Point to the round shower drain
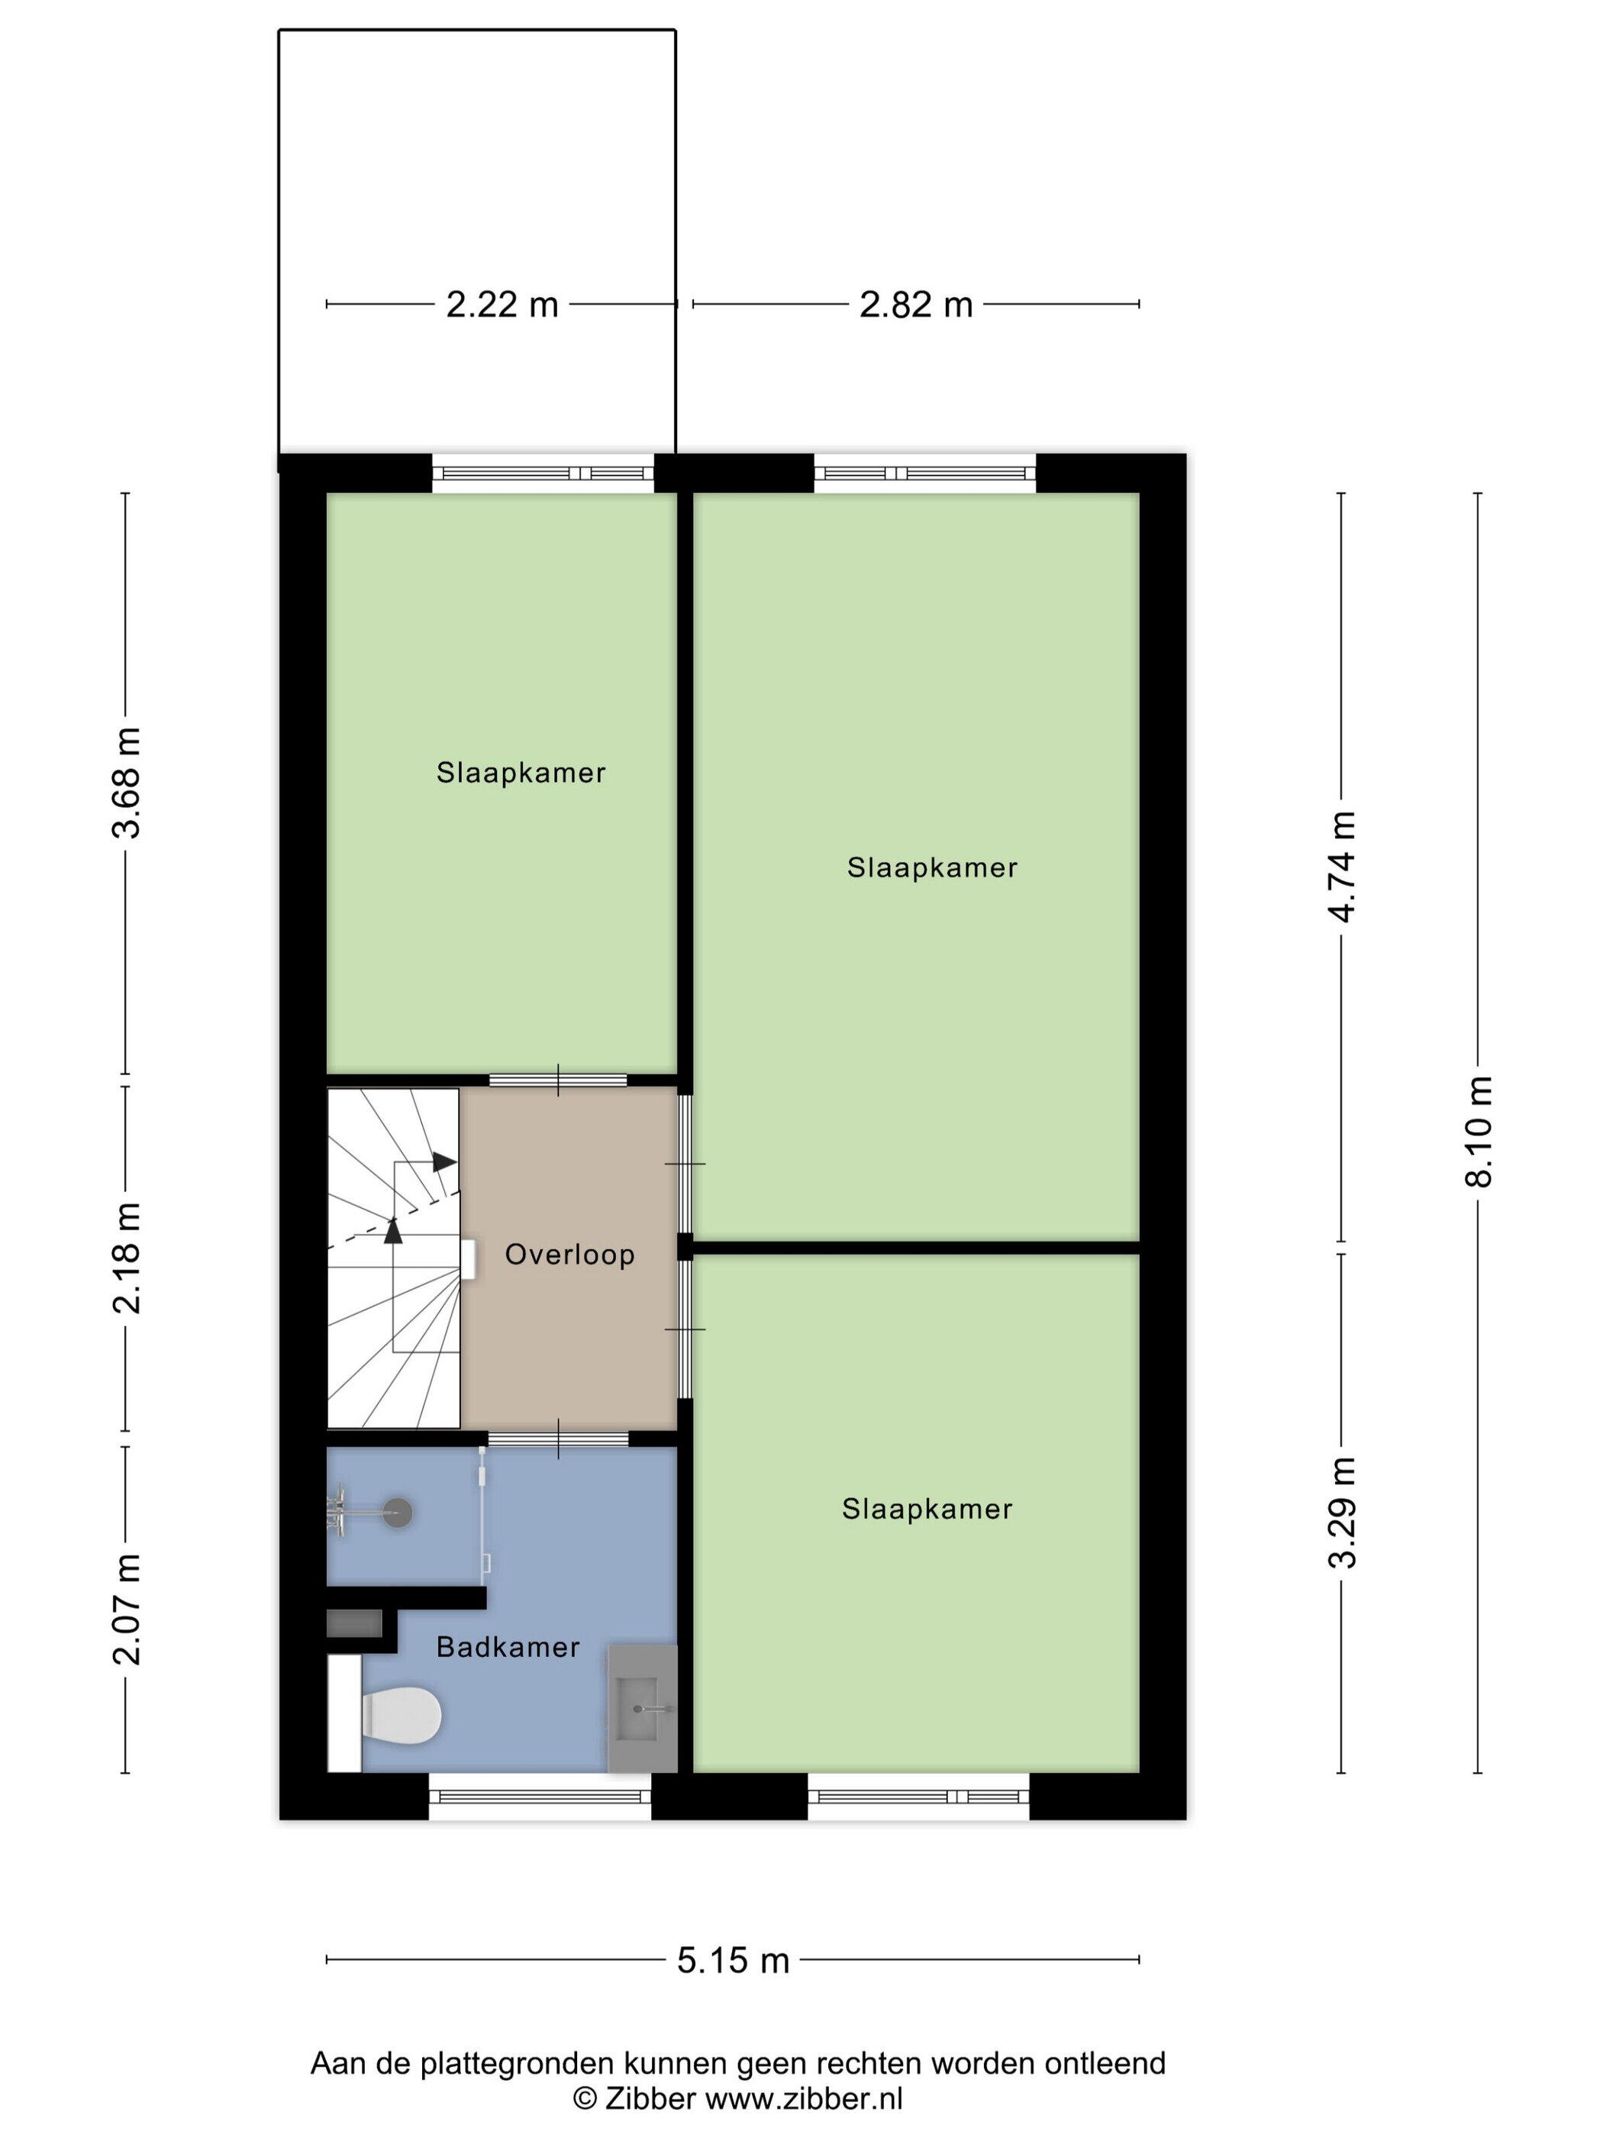[x=397, y=1513]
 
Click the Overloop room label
[x=570, y=1255]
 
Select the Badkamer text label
[x=508, y=1647]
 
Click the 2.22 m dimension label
[x=502, y=305]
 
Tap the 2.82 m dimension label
[x=916, y=305]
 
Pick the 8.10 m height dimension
[x=1479, y=1131]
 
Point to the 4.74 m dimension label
[x=1342, y=866]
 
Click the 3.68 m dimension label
[x=127, y=783]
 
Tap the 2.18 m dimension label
[x=127, y=1258]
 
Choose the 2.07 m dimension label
[x=127, y=1610]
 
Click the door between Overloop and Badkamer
[x=559, y=1439]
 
